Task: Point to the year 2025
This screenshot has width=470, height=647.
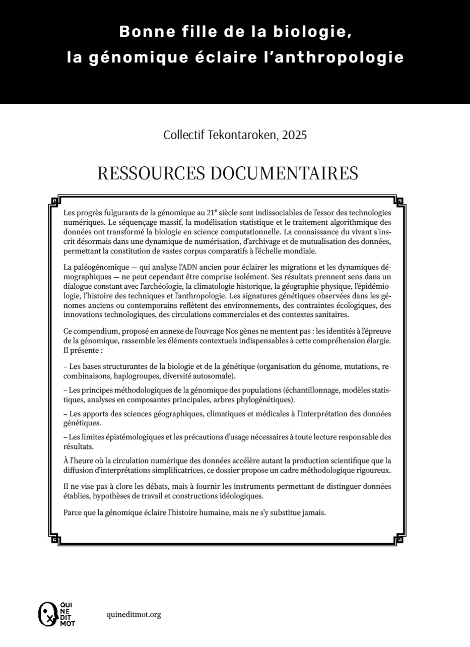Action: pyautogui.click(x=295, y=135)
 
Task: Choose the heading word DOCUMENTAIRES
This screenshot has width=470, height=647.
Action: pyautogui.click(x=283, y=173)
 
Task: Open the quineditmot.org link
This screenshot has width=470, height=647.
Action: pyautogui.click(x=134, y=614)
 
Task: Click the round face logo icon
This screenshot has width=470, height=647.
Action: pyautogui.click(x=47, y=614)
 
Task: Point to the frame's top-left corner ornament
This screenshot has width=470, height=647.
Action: pyautogui.click(x=55, y=202)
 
